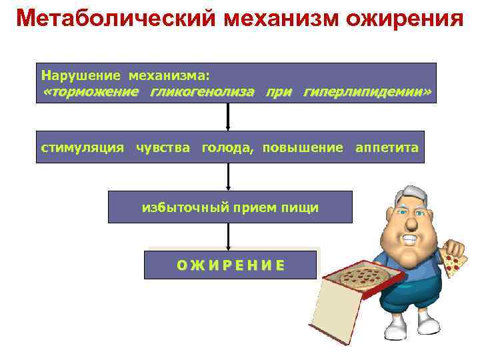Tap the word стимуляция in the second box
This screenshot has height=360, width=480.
tap(82, 147)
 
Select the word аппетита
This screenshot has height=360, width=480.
tap(387, 147)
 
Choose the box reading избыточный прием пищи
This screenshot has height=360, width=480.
tap(230, 207)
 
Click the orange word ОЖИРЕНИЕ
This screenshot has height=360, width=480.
tap(230, 265)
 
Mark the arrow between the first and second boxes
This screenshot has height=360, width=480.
tap(229, 117)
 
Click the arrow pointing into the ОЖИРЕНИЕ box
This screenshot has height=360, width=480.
tap(229, 237)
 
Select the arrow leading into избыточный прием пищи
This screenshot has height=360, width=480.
tap(229, 177)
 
